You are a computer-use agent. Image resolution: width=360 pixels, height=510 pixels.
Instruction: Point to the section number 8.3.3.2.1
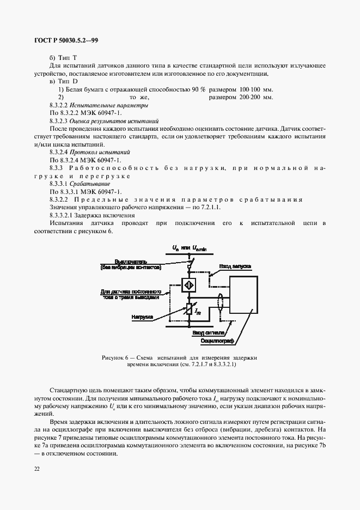(x=61, y=216)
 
